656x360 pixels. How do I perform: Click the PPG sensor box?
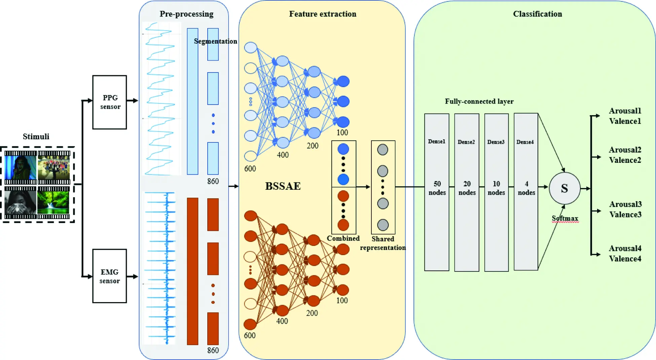pos(110,102)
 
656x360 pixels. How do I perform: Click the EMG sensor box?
pos(110,276)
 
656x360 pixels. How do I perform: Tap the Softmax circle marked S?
pos(564,188)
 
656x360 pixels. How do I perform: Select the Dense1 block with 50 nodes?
pos(437,192)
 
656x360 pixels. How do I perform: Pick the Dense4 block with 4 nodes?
pos(526,192)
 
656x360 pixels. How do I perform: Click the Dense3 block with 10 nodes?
pos(496,192)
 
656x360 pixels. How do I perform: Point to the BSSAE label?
pos(283,186)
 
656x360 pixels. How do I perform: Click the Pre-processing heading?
pos(186,14)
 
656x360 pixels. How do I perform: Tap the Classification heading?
pos(537,14)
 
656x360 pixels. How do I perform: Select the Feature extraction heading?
pos(323,14)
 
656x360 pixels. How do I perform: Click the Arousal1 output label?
pos(625,111)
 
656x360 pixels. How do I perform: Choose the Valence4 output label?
pos(625,259)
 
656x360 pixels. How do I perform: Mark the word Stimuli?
pos(36,136)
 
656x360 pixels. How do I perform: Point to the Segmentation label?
pos(215,41)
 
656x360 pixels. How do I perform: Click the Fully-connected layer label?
pos(479,101)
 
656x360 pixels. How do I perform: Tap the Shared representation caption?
pos(383,243)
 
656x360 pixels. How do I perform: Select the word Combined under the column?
pos(343,238)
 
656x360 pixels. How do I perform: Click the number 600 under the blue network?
pos(250,169)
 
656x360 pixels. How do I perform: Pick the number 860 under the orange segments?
pos(213,350)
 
